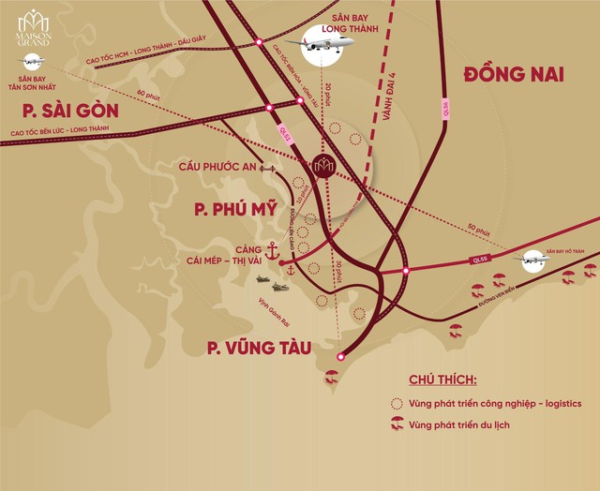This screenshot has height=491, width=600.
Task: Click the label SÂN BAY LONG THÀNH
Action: point(357,20)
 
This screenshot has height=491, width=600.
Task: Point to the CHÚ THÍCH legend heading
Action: point(442,380)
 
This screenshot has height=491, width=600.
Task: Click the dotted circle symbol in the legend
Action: point(397,404)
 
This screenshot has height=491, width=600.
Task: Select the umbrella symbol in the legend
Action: point(397,425)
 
